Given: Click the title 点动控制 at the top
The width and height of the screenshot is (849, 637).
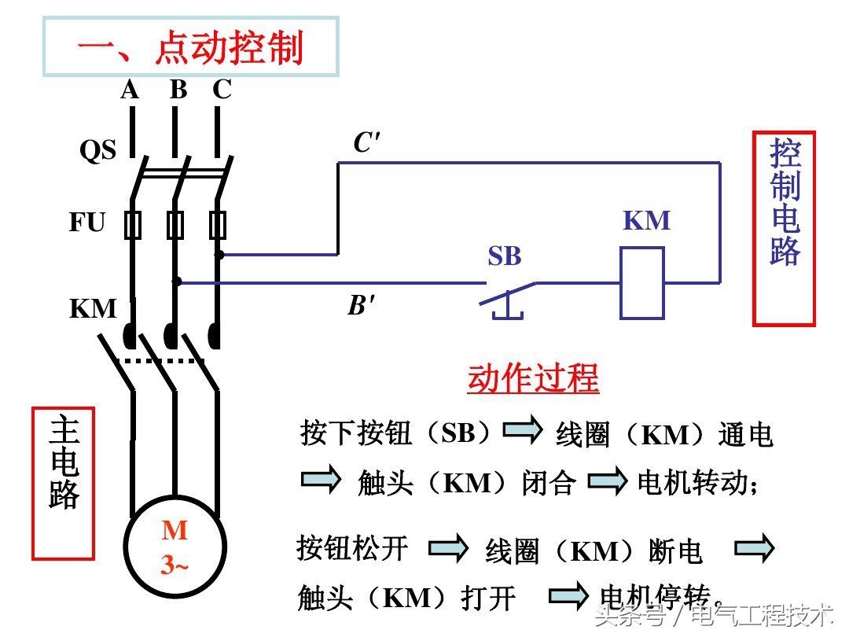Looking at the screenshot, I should [190, 49].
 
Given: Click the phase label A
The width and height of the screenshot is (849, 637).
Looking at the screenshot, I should [130, 90].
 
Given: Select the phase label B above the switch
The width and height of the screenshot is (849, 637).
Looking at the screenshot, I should [178, 90].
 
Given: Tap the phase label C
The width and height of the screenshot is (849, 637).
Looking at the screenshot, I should [222, 90].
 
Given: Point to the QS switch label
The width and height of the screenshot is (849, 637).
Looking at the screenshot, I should [97, 150].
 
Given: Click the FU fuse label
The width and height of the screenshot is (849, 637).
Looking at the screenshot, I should [86, 223].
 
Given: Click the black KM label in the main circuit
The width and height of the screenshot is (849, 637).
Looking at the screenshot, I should [93, 308].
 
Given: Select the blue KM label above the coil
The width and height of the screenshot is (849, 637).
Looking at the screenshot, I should [646, 221].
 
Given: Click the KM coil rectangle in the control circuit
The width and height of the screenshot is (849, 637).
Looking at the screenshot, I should [641, 283].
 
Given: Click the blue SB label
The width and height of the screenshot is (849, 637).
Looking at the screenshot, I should [504, 256].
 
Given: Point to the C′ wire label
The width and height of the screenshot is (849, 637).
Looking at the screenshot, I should [366, 143].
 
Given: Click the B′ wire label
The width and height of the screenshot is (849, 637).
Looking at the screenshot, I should [362, 305].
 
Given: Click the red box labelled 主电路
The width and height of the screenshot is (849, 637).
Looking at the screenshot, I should [63, 483].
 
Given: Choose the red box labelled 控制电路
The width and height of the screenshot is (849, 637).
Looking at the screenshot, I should [784, 228].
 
